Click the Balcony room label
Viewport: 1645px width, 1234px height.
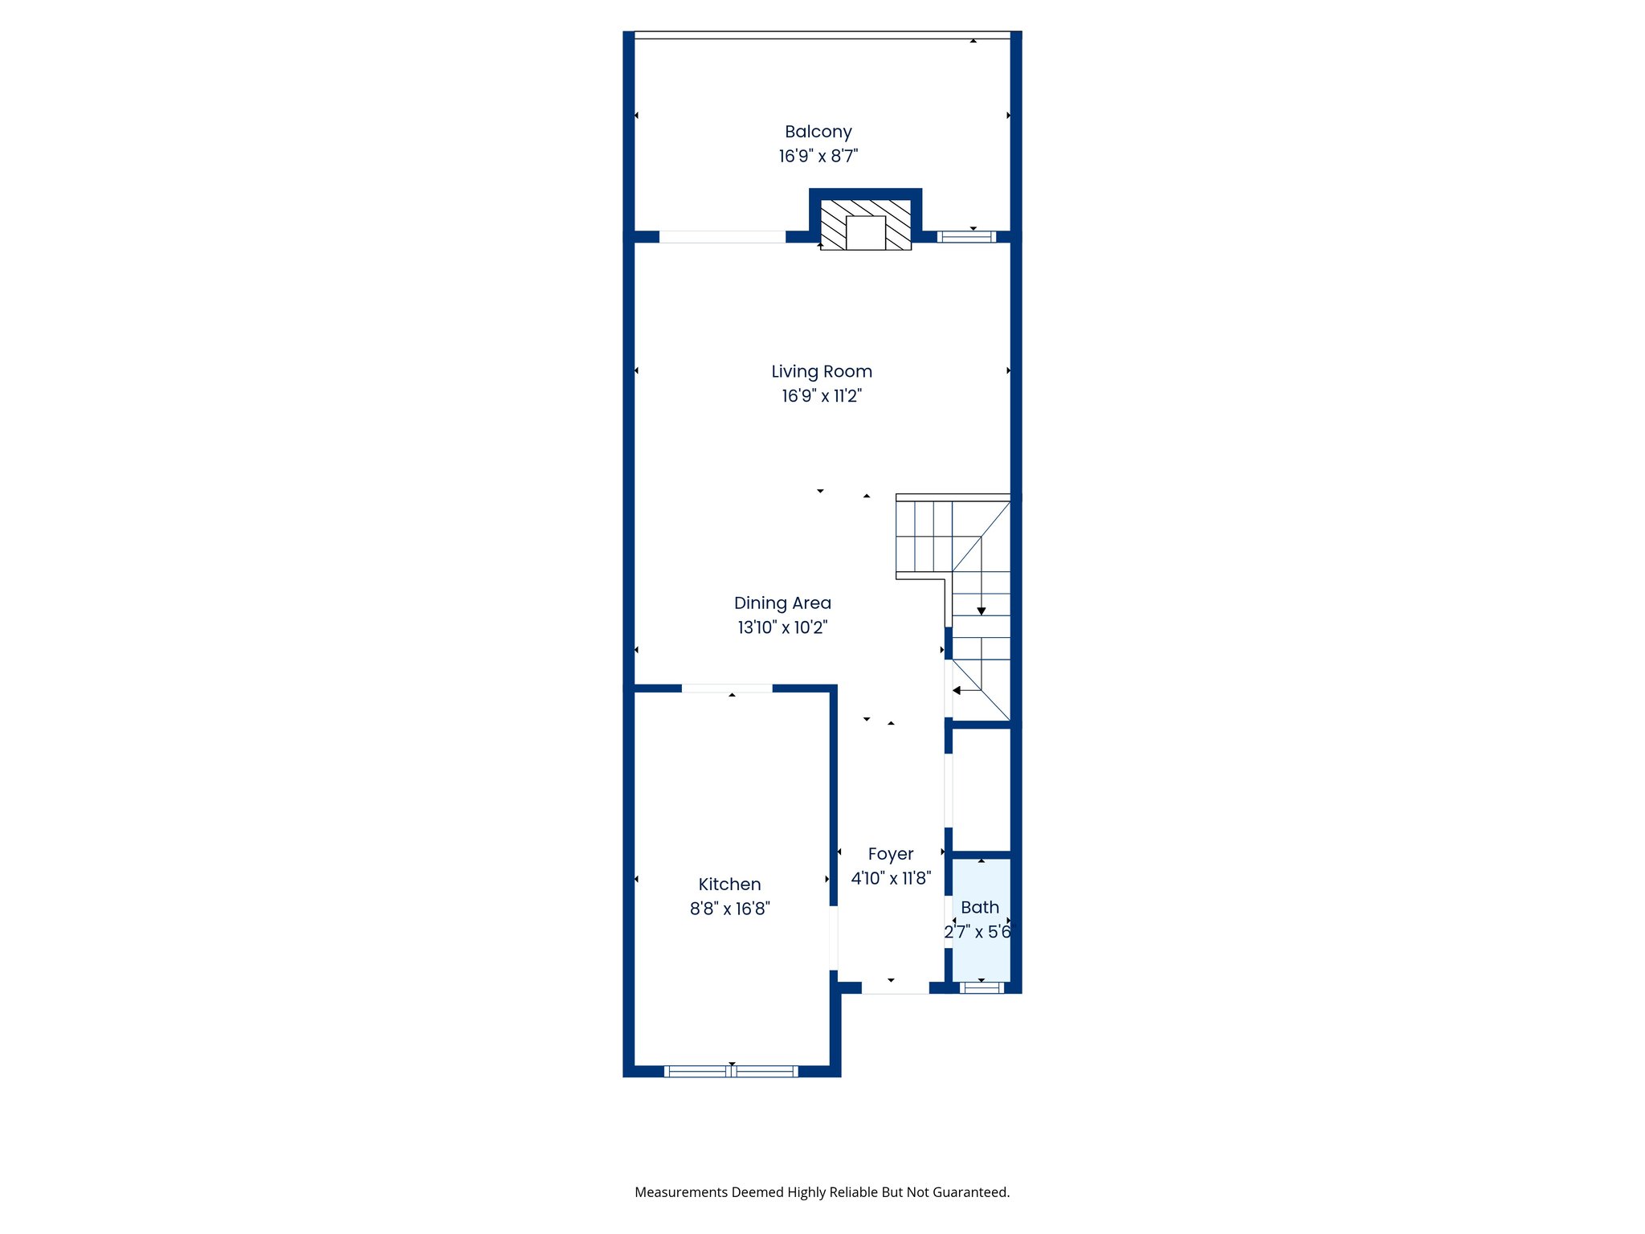[x=818, y=132]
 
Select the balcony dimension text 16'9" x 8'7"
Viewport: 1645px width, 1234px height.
[x=818, y=156]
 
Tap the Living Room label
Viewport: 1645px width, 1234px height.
[x=821, y=371]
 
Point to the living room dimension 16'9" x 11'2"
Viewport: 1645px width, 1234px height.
[x=821, y=395]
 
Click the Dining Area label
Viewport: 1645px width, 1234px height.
[x=782, y=603]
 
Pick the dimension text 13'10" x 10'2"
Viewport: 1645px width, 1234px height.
[x=782, y=627]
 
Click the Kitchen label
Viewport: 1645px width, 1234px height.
[x=729, y=884]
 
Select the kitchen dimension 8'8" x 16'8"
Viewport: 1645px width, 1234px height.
[x=729, y=909]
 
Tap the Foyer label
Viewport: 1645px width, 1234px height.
[x=890, y=854]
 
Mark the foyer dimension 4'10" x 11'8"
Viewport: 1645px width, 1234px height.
[x=890, y=878]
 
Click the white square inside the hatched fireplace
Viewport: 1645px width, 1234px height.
[x=865, y=233]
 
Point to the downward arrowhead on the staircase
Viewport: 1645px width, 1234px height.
[x=981, y=611]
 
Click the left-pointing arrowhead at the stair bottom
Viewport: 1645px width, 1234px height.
[x=957, y=690]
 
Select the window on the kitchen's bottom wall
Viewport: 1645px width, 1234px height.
[x=731, y=1071]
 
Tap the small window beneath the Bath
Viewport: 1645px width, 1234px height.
[x=981, y=987]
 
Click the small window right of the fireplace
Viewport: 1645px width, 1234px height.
[x=966, y=237]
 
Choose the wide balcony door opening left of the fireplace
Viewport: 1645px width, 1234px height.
[x=722, y=237]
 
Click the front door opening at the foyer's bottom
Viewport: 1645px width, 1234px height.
[x=895, y=988]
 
